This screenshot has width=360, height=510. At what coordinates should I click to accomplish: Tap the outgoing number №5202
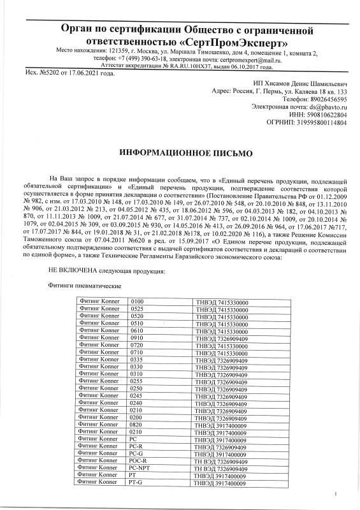[x=47, y=73]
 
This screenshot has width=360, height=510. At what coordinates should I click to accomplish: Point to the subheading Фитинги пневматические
[x=85, y=287]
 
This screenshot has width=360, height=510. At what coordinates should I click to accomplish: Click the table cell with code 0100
[x=136, y=300]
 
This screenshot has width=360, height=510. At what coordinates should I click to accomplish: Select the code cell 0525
[x=136, y=309]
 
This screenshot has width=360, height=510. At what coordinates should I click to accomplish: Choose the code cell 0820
[x=136, y=423]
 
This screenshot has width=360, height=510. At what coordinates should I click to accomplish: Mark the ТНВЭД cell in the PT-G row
[x=222, y=484]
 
